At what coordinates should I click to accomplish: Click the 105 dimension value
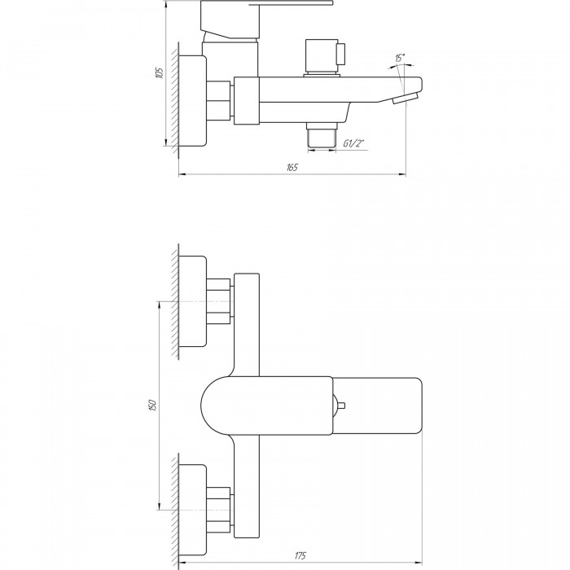[160, 73]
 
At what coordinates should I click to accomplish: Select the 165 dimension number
[292, 167]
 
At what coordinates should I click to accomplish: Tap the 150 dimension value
[153, 405]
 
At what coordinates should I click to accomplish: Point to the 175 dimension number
[300, 556]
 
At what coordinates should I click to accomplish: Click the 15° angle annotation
[400, 58]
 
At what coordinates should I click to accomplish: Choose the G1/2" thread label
[353, 143]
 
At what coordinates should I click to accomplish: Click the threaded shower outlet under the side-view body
[322, 135]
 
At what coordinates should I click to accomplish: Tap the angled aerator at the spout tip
[405, 99]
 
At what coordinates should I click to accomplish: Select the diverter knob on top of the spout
[325, 58]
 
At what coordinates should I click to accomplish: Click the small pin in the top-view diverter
[340, 406]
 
